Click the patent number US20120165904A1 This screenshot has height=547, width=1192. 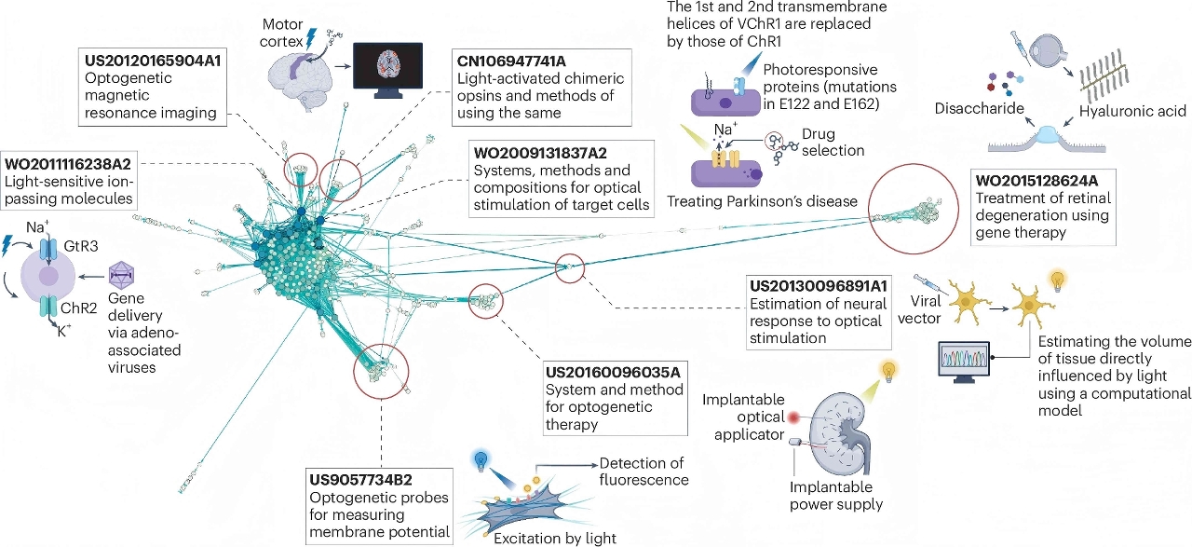tap(152, 61)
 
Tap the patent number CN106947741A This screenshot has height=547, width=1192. tap(511, 62)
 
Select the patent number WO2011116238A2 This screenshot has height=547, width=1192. tap(68, 163)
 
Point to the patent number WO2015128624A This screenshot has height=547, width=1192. tap(1036, 181)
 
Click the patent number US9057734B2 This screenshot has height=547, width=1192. tap(360, 480)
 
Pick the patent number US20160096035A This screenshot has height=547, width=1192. tap(613, 372)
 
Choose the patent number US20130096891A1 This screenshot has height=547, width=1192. tap(819, 286)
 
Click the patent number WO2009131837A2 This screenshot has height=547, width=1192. tap(540, 153)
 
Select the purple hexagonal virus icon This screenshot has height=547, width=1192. tap(121, 276)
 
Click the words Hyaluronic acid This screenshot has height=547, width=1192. tap(1132, 111)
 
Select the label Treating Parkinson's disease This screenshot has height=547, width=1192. tap(762, 201)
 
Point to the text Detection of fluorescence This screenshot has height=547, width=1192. tap(643, 472)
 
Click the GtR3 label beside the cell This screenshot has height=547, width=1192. tap(81, 246)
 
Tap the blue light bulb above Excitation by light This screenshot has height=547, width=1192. tap(481, 459)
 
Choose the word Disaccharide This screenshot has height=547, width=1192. tap(979, 108)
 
